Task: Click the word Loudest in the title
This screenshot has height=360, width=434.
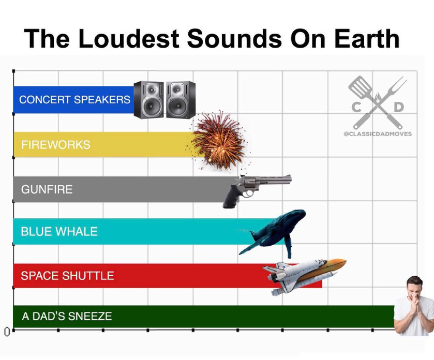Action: tap(128, 38)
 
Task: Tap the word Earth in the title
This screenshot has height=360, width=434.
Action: tap(367, 38)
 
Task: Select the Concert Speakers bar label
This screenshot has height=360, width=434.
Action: tap(74, 100)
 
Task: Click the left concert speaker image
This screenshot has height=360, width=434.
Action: tap(148, 100)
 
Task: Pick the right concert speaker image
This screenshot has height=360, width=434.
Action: tap(181, 100)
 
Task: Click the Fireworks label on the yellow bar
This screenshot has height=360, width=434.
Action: tap(56, 145)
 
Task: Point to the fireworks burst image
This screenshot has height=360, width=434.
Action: tap(219, 141)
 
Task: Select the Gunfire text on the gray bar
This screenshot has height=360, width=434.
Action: tap(47, 189)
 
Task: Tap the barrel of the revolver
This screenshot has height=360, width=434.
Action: tap(274, 179)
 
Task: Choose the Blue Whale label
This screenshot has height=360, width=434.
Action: tap(59, 231)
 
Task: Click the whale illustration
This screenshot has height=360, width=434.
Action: tap(273, 232)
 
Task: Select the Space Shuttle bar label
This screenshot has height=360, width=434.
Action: tap(67, 276)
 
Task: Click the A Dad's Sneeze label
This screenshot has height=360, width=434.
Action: tap(67, 316)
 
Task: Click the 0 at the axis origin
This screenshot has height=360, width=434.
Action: tap(7, 332)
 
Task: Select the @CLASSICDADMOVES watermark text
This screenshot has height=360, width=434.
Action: tap(378, 134)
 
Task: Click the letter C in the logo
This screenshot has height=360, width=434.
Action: tap(356, 107)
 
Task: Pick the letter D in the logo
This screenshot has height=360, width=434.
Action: tap(399, 107)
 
